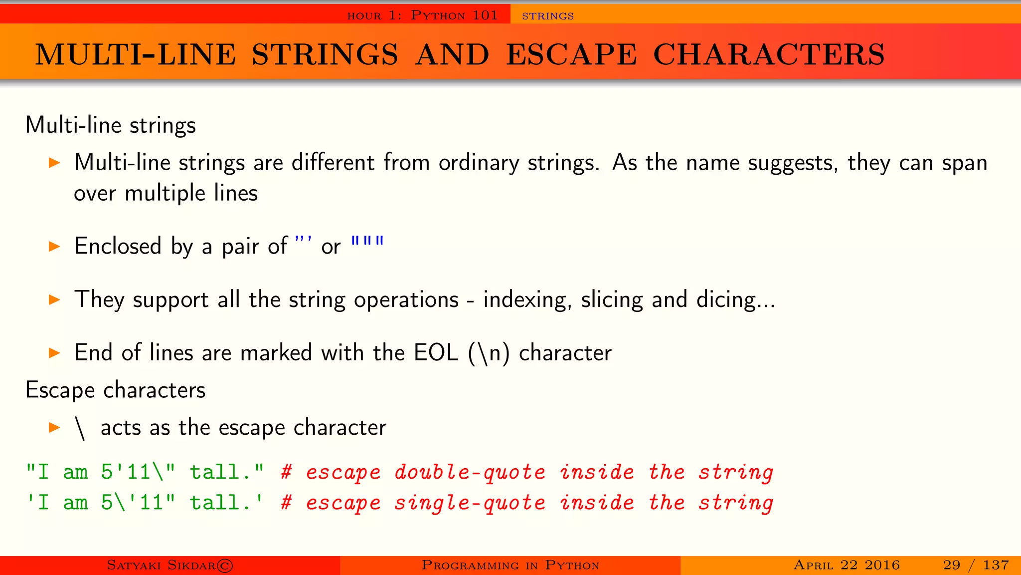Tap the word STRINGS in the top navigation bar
coord(547,16)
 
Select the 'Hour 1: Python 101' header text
coord(422,15)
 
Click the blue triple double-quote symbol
coord(367,242)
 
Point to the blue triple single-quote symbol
coord(303,242)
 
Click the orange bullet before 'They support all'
coord(54,299)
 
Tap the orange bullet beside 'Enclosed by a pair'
coord(54,246)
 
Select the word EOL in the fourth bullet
coord(435,353)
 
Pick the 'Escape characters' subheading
coord(115,390)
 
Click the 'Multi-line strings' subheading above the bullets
coord(110,125)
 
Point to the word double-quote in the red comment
coord(470,473)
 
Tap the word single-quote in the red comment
coord(470,503)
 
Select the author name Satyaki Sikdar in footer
coord(161,565)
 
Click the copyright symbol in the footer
coord(225,566)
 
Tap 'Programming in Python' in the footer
coord(510,565)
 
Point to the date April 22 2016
coord(847,565)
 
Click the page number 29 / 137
coord(976,565)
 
